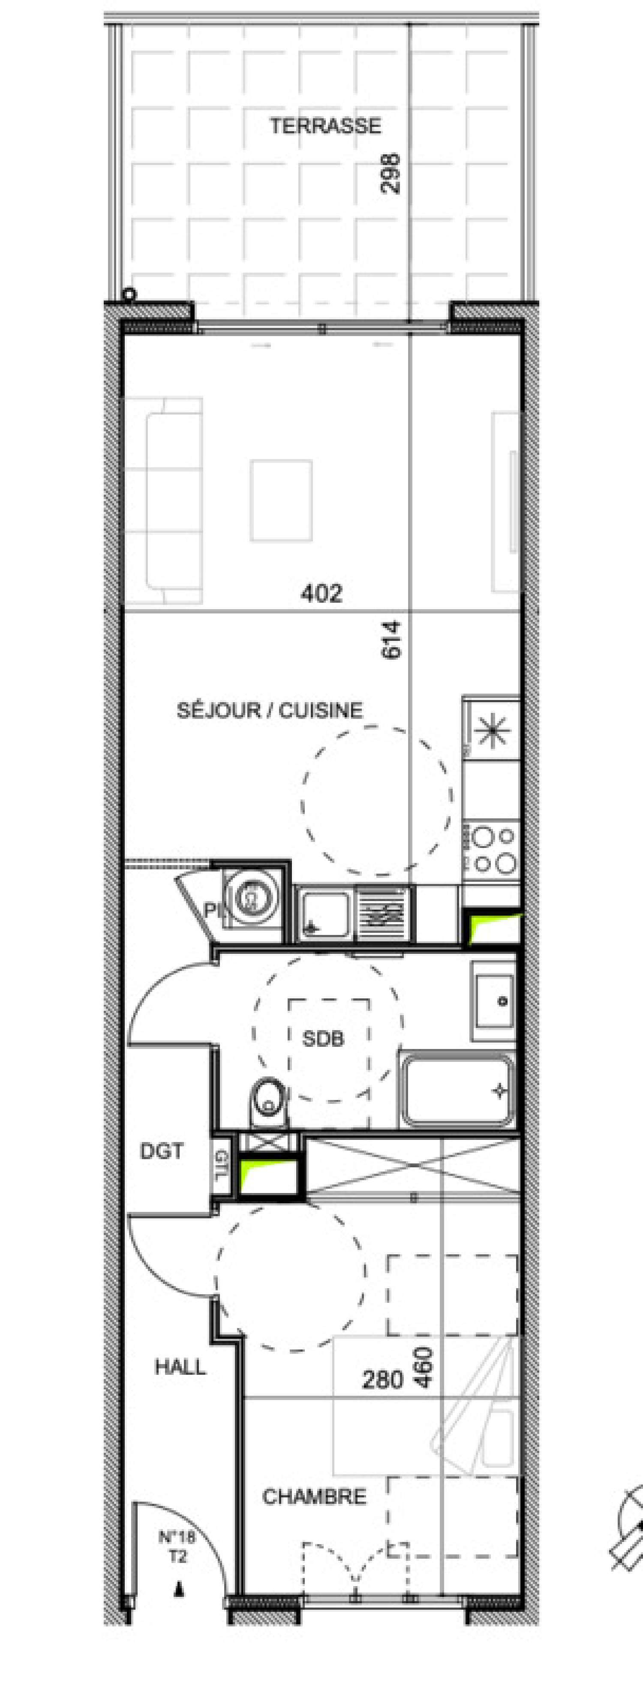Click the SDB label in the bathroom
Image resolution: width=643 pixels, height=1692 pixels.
pos(323,1039)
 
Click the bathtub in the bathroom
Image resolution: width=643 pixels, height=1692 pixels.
pos(458,1090)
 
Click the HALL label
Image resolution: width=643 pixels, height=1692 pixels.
pos(180,1367)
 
